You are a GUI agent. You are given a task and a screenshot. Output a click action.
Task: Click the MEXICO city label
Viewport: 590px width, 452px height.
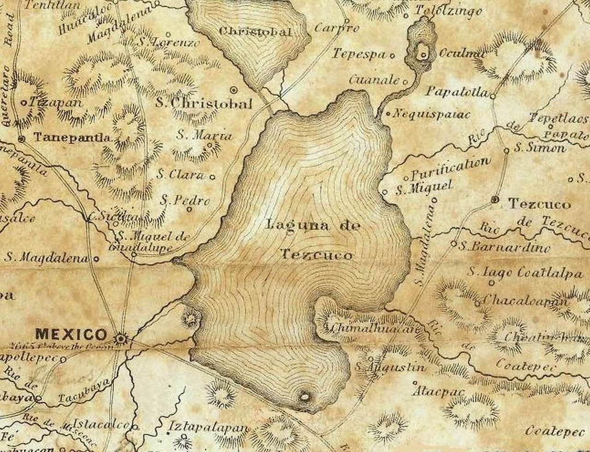click(x=71, y=334)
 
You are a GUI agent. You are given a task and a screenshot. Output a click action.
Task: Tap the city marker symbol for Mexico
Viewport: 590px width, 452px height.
click(x=121, y=339)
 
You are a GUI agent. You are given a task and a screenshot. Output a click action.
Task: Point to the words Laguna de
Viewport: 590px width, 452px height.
click(x=313, y=226)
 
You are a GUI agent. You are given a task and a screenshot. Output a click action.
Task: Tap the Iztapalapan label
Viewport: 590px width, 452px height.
click(x=209, y=427)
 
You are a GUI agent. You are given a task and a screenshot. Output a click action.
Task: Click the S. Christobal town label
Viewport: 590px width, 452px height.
click(x=204, y=103)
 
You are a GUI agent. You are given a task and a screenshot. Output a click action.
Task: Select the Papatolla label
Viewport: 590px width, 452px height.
click(x=456, y=91)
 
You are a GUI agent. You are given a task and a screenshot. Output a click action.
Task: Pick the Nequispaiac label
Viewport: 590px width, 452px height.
click(x=431, y=114)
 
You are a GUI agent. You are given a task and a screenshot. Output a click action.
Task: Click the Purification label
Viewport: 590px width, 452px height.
click(x=450, y=169)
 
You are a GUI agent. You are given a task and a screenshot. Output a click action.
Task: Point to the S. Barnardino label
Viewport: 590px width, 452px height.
click(x=504, y=247)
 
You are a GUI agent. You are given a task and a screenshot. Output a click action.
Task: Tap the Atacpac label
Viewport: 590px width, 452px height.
click(x=439, y=392)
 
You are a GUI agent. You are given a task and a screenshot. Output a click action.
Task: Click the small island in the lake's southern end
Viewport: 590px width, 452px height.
click(x=304, y=396)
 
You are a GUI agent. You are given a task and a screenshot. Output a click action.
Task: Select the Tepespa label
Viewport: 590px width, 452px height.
click(x=359, y=54)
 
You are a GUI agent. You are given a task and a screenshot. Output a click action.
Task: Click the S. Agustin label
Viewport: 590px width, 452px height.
click(x=390, y=367)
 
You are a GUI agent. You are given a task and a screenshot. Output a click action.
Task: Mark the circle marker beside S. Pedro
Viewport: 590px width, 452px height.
click(x=189, y=209)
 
